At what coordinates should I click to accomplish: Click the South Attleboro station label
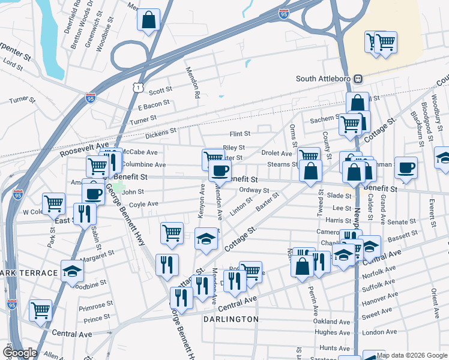coord(323,79)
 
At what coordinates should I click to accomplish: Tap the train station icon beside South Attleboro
coord(358,79)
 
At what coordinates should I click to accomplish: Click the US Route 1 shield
coord(139,88)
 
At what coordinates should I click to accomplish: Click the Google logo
coord(20,353)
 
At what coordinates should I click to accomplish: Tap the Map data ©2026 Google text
coord(412,355)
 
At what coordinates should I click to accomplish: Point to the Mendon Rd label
coord(195,83)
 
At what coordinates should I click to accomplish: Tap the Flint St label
coord(239,134)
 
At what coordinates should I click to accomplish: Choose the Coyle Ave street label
coord(143,204)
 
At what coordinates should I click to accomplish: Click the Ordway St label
coord(254,190)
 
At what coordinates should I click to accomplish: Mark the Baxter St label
coord(267,201)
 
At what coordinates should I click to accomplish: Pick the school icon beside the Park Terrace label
coord(72,270)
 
